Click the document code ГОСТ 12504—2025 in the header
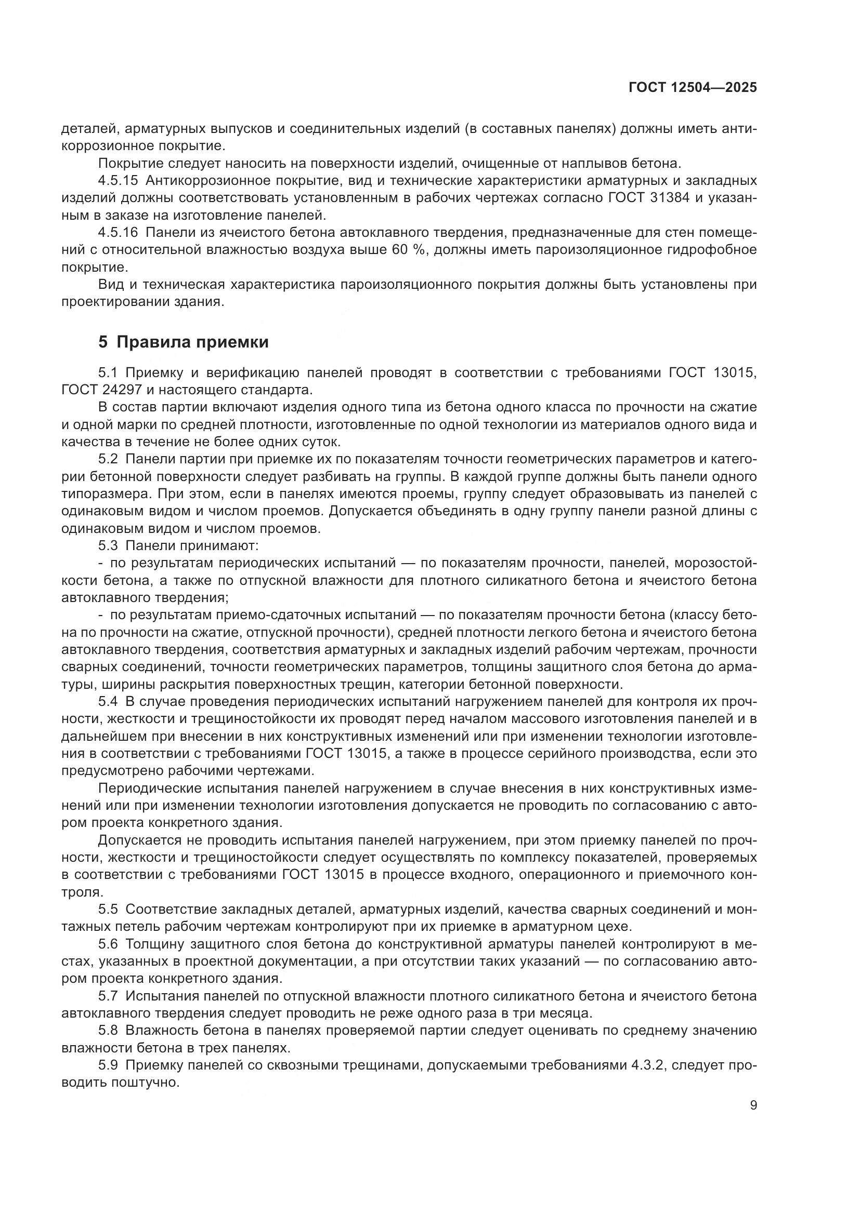click(693, 88)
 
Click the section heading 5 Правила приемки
click(183, 342)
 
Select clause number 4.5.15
click(118, 181)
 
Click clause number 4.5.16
click(118, 233)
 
